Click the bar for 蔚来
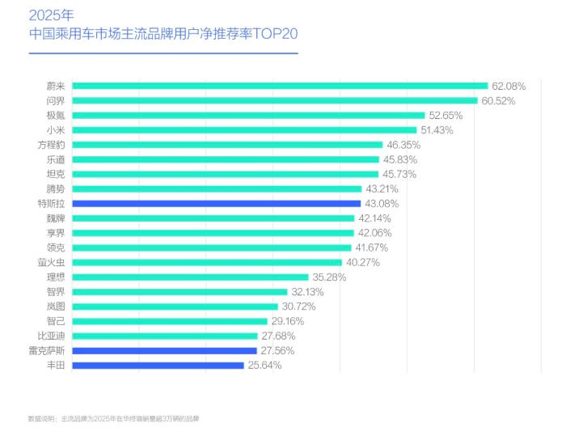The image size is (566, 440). [x=280, y=86]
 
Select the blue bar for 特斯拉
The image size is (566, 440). [x=216, y=204]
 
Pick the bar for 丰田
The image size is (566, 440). [x=158, y=366]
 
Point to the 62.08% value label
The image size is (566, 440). [x=509, y=86]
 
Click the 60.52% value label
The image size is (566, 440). [x=498, y=100]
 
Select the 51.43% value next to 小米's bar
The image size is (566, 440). [x=437, y=130]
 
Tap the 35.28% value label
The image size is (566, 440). [x=329, y=277]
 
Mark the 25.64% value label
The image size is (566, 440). [x=264, y=366]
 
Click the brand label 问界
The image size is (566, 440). [x=56, y=100]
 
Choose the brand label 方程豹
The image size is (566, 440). [x=51, y=145]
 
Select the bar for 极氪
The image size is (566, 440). [x=248, y=116]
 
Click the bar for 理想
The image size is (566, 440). [x=190, y=277]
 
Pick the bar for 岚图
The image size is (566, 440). [x=175, y=307]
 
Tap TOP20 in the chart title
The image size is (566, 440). [x=275, y=35]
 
